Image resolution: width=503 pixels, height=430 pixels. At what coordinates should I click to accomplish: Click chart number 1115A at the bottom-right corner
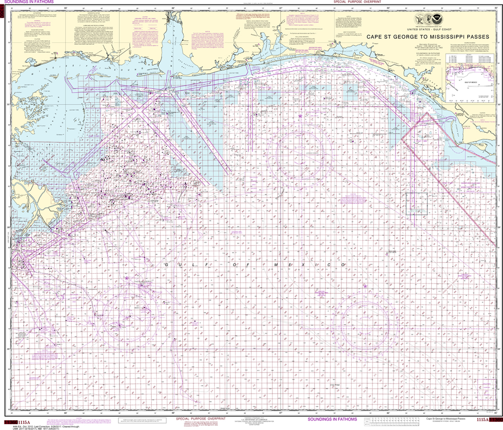tap(484, 421)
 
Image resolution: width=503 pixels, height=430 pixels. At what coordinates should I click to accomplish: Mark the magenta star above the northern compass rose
tap(300, 115)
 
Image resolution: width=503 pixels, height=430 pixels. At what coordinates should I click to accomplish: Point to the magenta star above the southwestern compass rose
tap(127, 279)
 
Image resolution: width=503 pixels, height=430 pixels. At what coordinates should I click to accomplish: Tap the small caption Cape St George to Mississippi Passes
tap(446, 418)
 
